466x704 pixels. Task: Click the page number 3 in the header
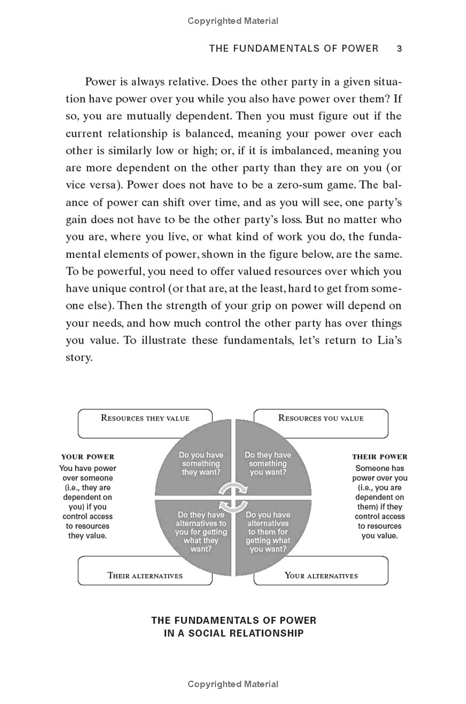(399, 49)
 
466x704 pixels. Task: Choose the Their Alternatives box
(145, 575)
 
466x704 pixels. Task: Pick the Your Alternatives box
(321, 575)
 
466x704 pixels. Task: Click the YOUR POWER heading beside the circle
(88, 457)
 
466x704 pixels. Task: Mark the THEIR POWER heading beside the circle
(380, 457)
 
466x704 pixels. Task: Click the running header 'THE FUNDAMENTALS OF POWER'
(294, 49)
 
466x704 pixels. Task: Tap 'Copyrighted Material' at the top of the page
(233, 21)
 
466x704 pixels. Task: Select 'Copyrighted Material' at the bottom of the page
(233, 684)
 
